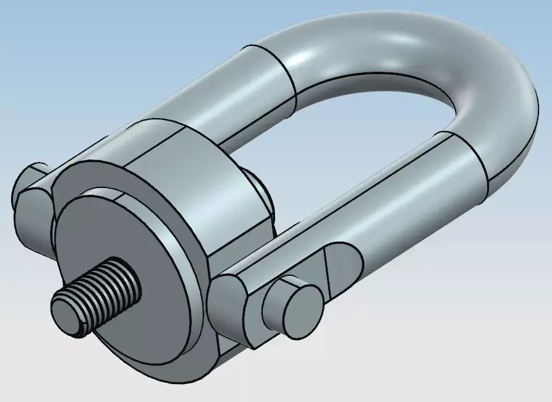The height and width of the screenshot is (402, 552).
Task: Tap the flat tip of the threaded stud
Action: click(66, 314)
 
